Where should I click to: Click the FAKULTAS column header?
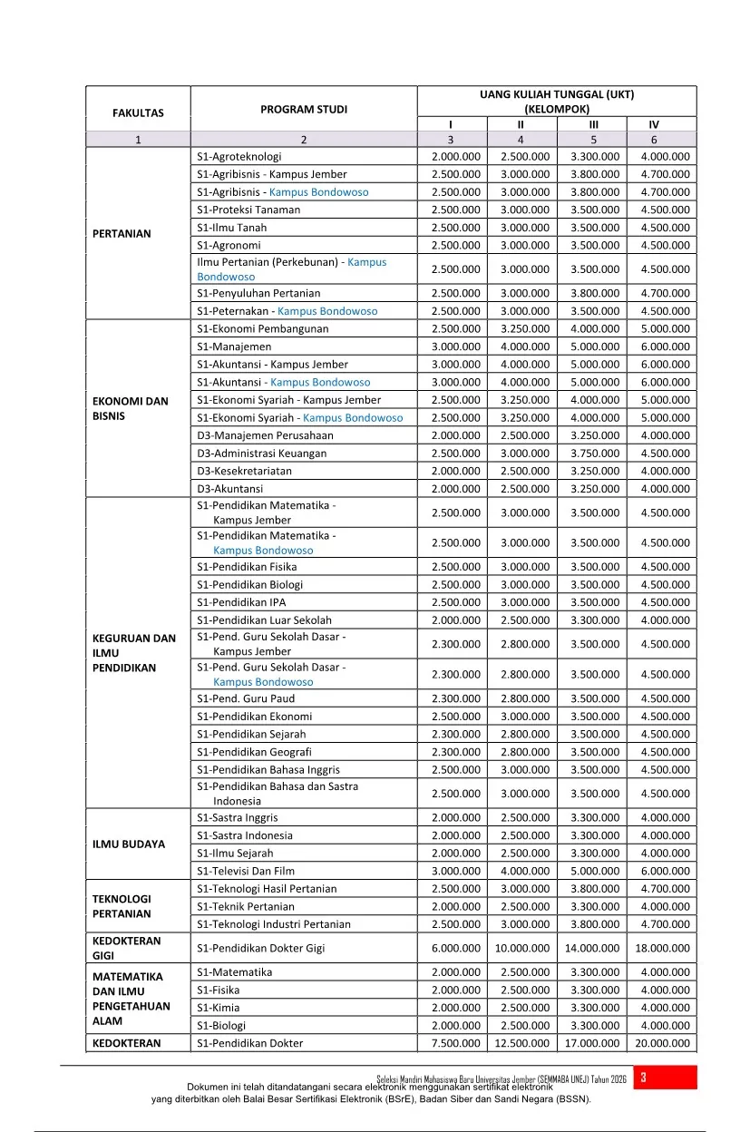pos(138,113)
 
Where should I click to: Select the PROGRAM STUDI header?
pos(304,110)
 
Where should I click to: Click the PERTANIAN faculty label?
pos(122,233)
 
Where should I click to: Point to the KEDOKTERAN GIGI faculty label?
pos(126,948)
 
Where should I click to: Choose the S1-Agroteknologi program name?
pos(239,156)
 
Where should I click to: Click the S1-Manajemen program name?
pos(234,346)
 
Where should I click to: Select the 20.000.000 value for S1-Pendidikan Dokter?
pos(662,1043)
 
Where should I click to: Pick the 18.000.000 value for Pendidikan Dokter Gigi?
pos(662,948)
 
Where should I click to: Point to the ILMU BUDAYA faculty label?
pos(129,844)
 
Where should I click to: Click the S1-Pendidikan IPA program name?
pos(241,602)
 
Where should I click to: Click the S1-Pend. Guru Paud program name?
pos(245,698)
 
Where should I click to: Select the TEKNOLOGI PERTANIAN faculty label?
pos(122,905)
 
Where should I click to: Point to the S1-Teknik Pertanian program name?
pos(245,906)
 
